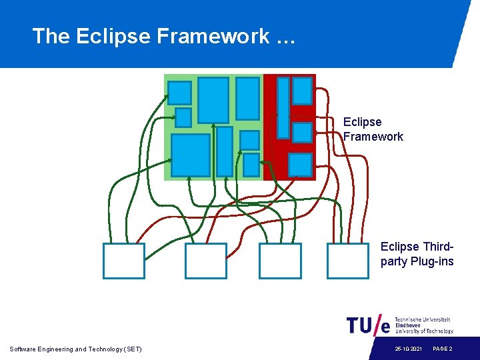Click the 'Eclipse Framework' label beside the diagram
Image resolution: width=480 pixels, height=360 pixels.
tap(373, 129)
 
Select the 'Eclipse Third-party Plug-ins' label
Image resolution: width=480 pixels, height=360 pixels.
tap(417, 254)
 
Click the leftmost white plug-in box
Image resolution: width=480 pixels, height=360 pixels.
tap(123, 261)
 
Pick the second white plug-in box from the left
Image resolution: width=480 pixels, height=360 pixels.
tap(206, 261)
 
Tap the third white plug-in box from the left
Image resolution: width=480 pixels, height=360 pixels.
tap(280, 261)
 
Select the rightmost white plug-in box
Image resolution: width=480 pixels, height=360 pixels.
tap(348, 261)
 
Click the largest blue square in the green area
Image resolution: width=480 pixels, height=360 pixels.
tap(191, 155)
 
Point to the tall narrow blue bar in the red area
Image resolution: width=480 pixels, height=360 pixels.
tap(283, 107)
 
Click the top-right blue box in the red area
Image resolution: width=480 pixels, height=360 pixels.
tap(302, 91)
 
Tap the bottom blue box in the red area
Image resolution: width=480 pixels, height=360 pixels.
tap(300, 164)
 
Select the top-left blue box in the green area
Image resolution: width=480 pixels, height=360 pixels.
tap(179, 93)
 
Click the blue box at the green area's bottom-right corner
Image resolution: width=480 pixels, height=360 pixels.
tap(251, 165)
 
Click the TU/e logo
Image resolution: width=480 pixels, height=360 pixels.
tap(368, 325)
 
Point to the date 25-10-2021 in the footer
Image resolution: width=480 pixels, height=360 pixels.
tap(407, 349)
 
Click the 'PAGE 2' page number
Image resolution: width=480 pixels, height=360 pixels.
tap(443, 349)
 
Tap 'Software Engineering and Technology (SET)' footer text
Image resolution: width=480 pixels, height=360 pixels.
tap(76, 349)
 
